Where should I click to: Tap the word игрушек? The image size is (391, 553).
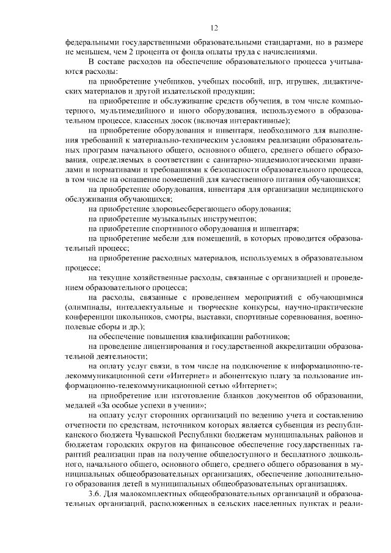click(290, 81)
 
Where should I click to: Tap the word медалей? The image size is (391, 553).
click(79, 404)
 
